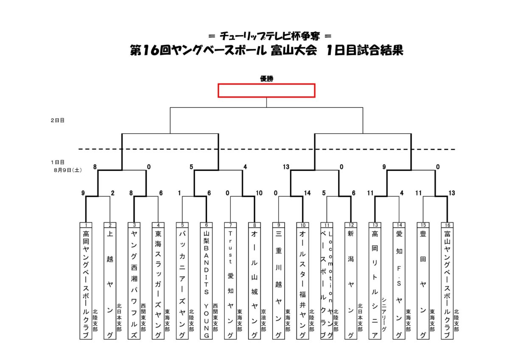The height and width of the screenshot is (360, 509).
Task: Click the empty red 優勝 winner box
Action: coord(266,91)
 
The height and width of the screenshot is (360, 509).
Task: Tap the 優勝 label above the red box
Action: coord(266,79)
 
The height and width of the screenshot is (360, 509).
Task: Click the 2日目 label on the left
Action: coord(58,120)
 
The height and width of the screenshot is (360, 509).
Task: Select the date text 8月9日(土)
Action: coord(68,170)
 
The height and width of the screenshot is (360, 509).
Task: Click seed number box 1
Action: coord(86,225)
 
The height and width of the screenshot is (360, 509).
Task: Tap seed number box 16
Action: coord(447,225)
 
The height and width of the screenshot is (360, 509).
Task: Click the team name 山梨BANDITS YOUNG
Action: coord(206,285)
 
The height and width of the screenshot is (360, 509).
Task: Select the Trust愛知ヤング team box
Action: coord(230,281)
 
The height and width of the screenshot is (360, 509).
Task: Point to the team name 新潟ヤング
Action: coord(351,285)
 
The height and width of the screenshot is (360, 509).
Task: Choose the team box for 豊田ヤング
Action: coord(423,281)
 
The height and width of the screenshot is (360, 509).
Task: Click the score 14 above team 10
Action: coord(307,193)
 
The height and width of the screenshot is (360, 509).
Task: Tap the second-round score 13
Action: coord(286,167)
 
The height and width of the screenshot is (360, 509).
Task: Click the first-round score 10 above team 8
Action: coord(259,193)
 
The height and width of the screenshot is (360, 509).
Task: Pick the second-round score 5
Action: coord(191,167)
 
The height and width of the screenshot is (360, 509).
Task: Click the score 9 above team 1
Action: coord(83,193)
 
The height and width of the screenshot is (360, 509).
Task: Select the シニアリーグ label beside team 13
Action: coord(384,314)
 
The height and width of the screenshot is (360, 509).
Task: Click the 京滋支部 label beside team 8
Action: coord(263,320)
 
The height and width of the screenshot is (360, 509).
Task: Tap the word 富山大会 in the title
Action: coord(294,50)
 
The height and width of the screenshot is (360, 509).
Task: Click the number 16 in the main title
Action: coord(151,50)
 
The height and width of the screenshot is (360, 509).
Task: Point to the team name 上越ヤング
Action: coord(110,285)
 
